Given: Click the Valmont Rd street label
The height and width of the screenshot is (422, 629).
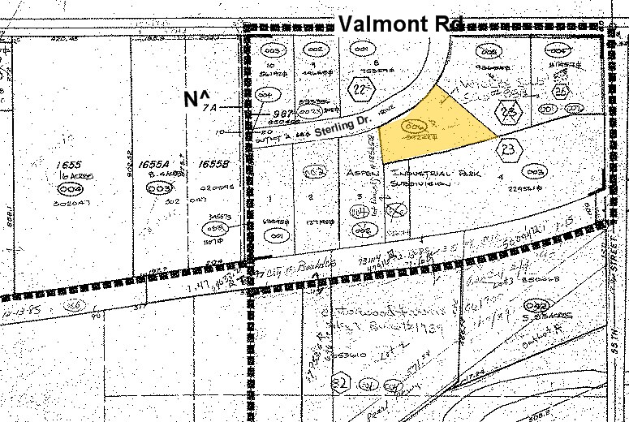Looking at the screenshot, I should click(x=394, y=24).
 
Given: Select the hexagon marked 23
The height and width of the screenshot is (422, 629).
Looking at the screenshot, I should click(x=508, y=149).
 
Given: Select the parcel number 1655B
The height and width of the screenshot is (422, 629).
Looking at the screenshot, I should click(x=213, y=165).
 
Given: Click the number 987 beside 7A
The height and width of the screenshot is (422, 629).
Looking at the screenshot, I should click(x=259, y=114).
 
